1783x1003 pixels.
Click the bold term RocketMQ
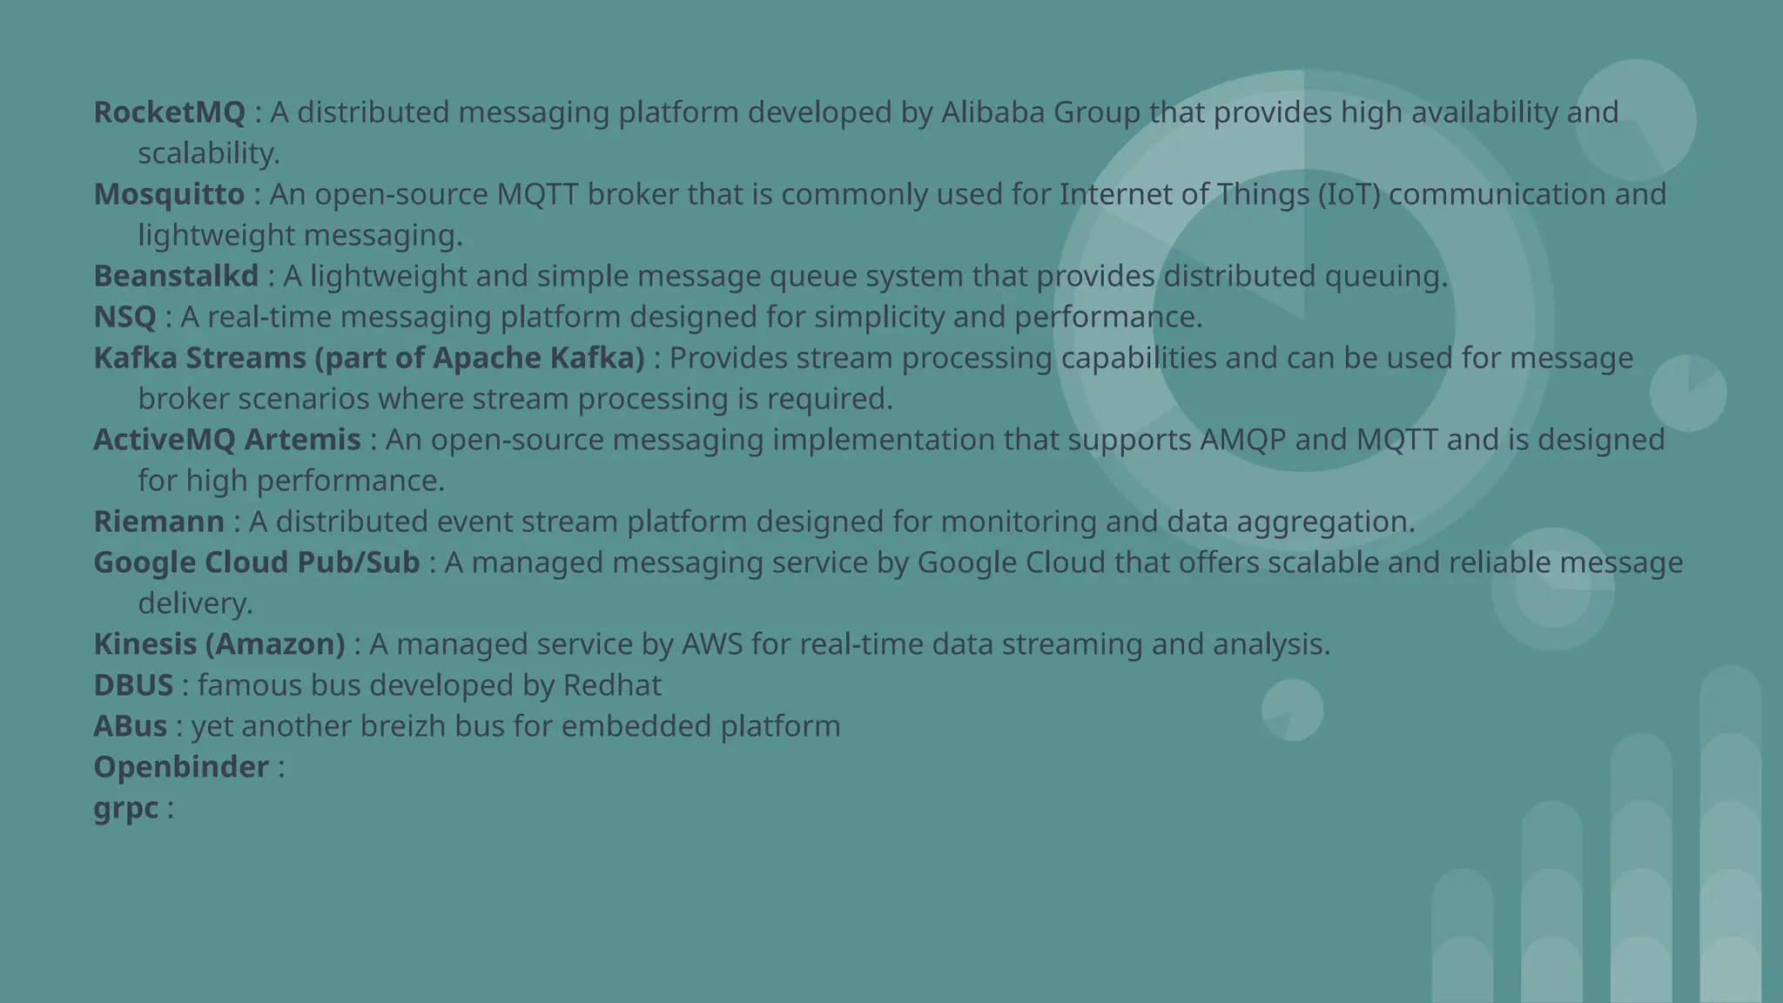pyautogui.click(x=170, y=112)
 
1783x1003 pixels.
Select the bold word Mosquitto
pyautogui.click(x=169, y=194)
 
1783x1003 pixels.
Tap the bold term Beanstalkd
pyautogui.click(x=176, y=276)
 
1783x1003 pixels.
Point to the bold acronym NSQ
pyautogui.click(x=124, y=317)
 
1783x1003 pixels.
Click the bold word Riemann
pyautogui.click(x=158, y=522)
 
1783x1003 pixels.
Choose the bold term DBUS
pyautogui.click(x=133, y=685)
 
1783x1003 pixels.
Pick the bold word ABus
pyautogui.click(x=130, y=726)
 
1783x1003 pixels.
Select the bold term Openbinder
pyautogui.click(x=181, y=767)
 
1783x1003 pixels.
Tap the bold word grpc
pyautogui.click(x=125, y=809)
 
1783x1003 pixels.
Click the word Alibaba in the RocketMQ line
pyautogui.click(x=992, y=112)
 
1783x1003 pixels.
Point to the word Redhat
pyautogui.click(x=612, y=685)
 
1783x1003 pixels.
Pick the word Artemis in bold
pyautogui.click(x=302, y=440)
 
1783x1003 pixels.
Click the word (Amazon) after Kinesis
pyautogui.click(x=275, y=644)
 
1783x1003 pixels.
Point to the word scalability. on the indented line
pyautogui.click(x=209, y=153)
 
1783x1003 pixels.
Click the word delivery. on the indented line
pyautogui.click(x=195, y=603)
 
